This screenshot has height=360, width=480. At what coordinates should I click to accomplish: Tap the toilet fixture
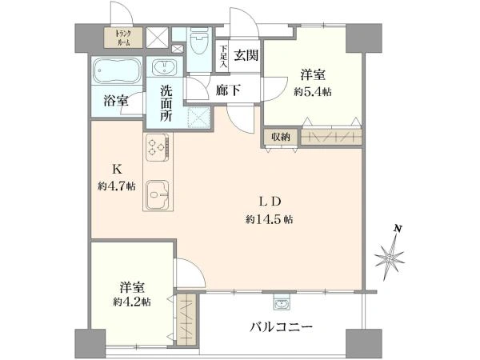point(198,41)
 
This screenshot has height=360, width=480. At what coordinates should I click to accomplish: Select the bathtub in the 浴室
point(118,70)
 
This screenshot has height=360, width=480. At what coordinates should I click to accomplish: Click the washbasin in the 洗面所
point(164,67)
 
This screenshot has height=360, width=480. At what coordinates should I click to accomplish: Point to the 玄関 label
point(246,55)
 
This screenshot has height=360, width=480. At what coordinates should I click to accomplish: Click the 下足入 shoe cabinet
point(224,56)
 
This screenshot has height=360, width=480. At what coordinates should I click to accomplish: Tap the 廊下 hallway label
point(228,90)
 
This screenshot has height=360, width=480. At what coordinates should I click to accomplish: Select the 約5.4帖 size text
point(313,91)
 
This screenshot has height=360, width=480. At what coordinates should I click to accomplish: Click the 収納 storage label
point(281,137)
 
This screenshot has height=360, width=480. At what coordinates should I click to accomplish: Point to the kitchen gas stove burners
point(158,147)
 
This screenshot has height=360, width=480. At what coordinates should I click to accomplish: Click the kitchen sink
point(158,194)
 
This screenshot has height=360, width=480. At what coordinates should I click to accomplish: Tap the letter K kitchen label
point(116,170)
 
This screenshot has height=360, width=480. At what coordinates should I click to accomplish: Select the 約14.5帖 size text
point(269,219)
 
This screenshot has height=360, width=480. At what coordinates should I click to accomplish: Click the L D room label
point(270,202)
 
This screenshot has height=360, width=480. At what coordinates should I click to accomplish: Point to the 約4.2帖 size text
point(132,302)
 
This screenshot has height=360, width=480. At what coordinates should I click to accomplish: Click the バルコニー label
point(282,328)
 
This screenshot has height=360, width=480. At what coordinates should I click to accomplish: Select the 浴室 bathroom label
point(115,101)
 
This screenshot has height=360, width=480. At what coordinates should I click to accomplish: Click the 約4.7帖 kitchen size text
point(117,186)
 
